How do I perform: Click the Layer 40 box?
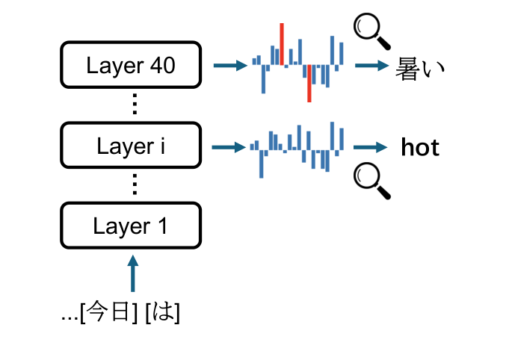point(131,66)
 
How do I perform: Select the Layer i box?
point(131,146)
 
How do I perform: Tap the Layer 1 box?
point(131,226)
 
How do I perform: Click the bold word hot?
point(420,148)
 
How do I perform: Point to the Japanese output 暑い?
point(420,68)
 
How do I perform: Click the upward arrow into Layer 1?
point(132,273)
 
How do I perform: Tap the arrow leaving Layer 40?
point(229,66)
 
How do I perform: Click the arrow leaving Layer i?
point(229,147)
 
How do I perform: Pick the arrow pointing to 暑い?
point(371,66)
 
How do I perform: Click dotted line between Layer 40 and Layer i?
point(133,105)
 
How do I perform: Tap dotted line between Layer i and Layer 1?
point(133,184)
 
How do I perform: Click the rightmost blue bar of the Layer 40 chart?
point(342,54)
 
